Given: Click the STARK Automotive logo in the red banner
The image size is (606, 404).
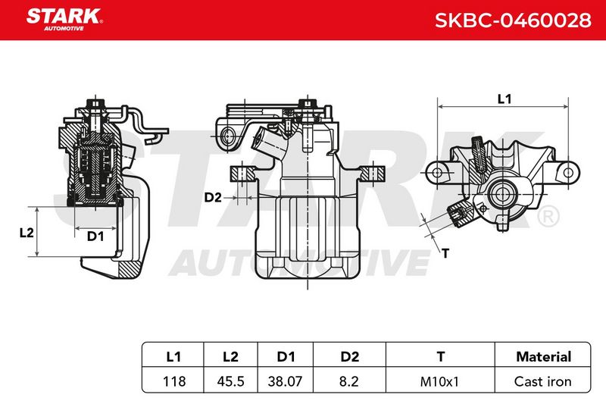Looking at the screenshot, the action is pos(64,20).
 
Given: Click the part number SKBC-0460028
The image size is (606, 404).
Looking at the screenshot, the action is pos(513,20).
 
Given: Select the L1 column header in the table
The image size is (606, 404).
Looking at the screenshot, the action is pos(173,356).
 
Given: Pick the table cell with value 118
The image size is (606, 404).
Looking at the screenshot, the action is pos(174,381).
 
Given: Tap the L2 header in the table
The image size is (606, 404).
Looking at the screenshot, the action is pos(231,356).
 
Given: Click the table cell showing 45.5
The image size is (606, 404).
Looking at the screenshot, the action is pos(231,381).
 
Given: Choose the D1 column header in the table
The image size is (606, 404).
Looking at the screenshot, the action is pos(286,356).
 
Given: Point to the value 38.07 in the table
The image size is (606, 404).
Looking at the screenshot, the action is pos(285,381).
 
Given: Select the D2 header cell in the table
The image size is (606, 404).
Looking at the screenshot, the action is pos(349,356).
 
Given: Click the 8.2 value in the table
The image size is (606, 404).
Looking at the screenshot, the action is pos(348,381).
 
